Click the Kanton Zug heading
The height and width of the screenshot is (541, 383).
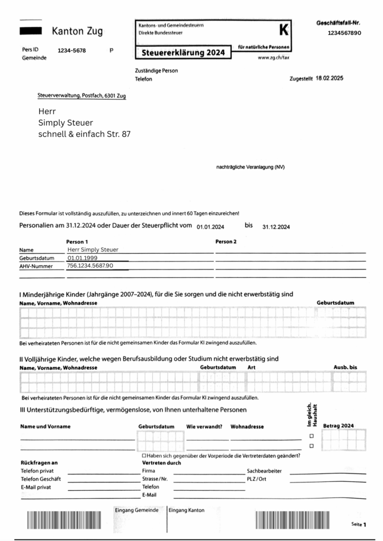[x=77, y=32]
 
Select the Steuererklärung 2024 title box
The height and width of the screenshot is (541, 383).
[x=183, y=53]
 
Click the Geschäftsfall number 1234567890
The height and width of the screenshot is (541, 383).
[x=344, y=33]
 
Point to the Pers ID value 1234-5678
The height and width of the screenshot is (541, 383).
[x=72, y=51]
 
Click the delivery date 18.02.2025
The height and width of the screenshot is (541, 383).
[x=329, y=78]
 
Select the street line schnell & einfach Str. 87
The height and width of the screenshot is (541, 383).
[x=84, y=134]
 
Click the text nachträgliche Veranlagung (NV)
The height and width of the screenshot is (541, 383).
[x=250, y=167]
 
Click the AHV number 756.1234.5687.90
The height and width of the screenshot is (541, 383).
[x=90, y=266]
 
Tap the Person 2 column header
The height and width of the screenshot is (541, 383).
[x=226, y=241]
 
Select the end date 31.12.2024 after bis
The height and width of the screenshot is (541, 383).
[x=276, y=227]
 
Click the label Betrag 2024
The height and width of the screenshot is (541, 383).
[x=339, y=426]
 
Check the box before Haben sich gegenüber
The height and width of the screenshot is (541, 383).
[x=144, y=455]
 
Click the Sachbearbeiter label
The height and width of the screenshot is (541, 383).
[x=264, y=470]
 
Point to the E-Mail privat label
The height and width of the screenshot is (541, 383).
[x=36, y=487]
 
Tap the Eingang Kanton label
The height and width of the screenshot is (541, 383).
[x=187, y=510]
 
